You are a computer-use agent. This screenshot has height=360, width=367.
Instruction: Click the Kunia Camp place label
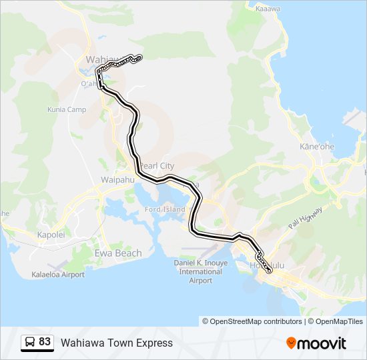(x=67, y=109)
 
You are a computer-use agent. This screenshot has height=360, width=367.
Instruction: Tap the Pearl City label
(x=157, y=165)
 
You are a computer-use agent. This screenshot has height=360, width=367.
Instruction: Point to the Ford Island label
(x=165, y=209)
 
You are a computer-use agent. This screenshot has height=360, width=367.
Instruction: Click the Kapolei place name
(x=51, y=235)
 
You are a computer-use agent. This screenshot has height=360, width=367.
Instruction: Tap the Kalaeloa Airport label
(x=58, y=275)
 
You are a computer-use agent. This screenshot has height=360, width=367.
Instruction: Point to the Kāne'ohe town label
(x=317, y=146)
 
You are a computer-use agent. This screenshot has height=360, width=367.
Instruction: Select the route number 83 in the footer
(x=45, y=342)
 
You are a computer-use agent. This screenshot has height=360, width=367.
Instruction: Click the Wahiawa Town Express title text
(x=117, y=343)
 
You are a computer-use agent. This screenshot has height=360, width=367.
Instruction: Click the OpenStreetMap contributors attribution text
(x=256, y=321)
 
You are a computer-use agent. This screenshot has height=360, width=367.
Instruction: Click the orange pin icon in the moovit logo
(x=292, y=343)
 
